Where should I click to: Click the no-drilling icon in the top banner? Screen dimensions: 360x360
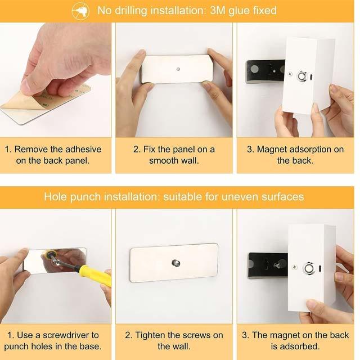pyautogui.click(x=80, y=11)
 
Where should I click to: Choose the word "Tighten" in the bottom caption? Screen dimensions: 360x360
pyautogui.click(x=150, y=335)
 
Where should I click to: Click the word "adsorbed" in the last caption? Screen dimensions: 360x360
pyautogui.click(x=300, y=346)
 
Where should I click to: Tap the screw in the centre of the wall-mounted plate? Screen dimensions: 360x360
pyautogui.click(x=175, y=263)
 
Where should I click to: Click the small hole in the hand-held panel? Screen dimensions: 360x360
pyautogui.click(x=178, y=69)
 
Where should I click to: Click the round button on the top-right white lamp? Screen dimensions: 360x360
pyautogui.click(x=301, y=76)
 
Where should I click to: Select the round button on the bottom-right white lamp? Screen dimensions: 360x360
pyautogui.click(x=308, y=268)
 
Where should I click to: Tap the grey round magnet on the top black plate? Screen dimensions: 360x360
pyautogui.click(x=254, y=69)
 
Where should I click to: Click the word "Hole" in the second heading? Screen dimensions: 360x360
pyautogui.click(x=56, y=197)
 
